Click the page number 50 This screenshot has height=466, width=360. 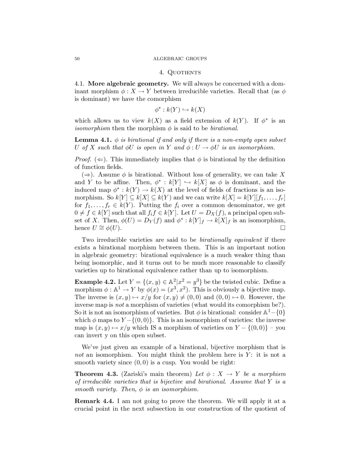pyautogui.click(x=77, y=59)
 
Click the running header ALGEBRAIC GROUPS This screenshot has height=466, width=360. pyautogui.click(x=180, y=59)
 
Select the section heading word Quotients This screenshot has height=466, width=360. pyautogui.click(x=184, y=73)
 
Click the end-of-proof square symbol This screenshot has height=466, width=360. pyautogui.click(x=283, y=228)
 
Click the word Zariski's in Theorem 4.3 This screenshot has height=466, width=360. pyautogui.click(x=134, y=374)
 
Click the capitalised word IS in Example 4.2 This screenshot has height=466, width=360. pyautogui.click(x=157, y=328)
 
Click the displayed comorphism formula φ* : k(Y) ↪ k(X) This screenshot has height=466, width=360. pyautogui.click(x=180, y=110)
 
